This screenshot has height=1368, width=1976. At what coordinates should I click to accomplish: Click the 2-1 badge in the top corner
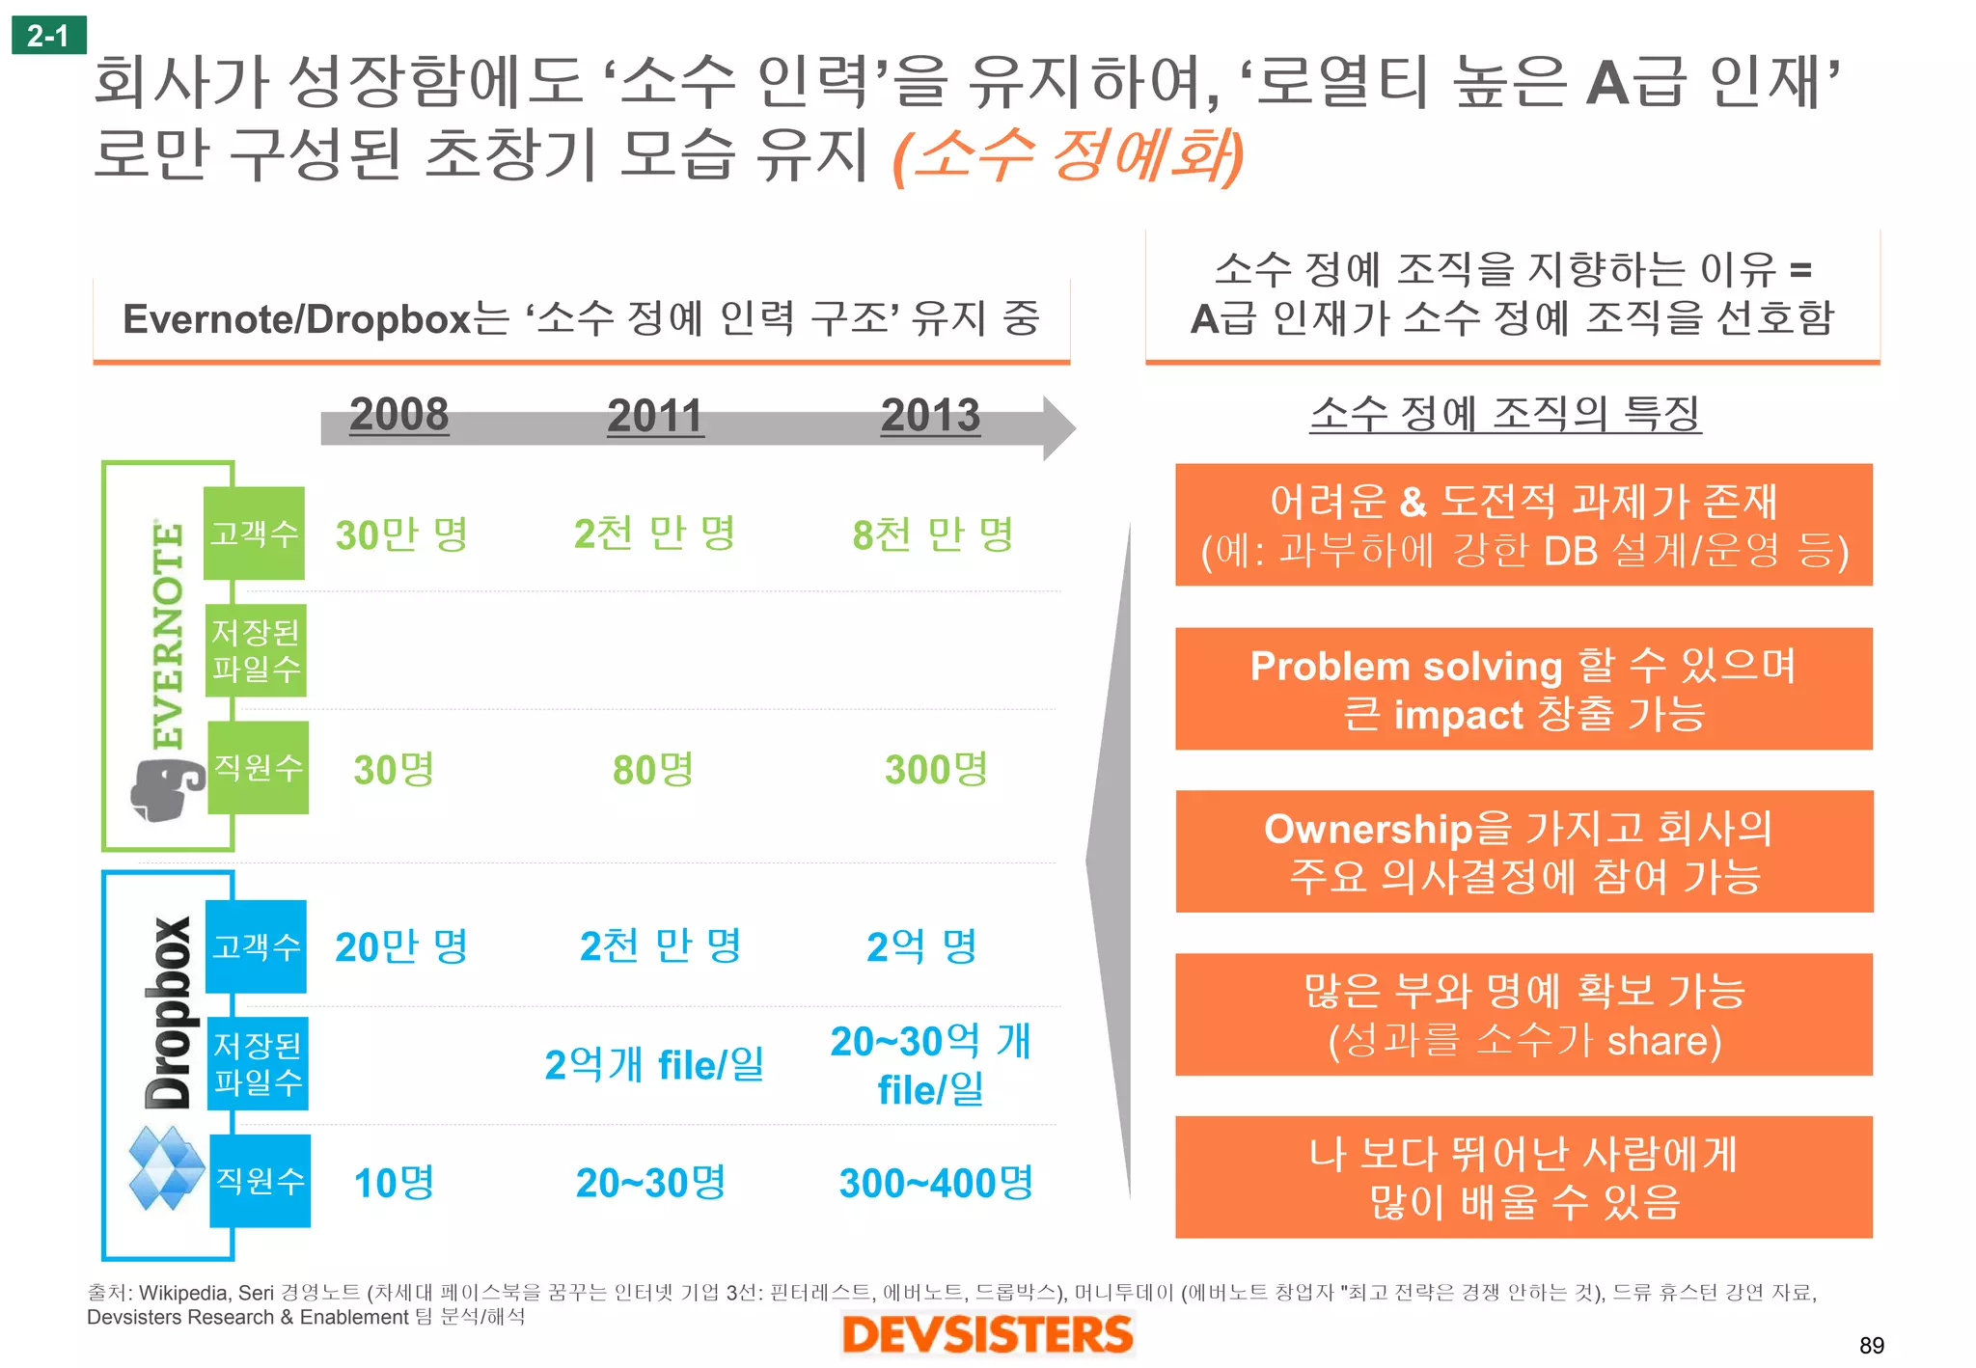(48, 36)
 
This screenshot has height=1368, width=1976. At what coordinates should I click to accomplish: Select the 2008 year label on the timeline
(398, 415)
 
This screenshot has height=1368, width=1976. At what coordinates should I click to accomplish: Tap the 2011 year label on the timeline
(655, 417)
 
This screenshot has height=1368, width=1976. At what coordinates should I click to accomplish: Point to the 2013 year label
(930, 417)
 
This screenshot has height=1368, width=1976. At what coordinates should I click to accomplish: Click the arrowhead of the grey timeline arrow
(1058, 427)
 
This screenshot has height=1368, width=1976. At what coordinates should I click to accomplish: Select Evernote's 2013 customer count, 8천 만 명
(932, 534)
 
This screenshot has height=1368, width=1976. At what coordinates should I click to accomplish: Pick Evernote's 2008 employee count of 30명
(394, 770)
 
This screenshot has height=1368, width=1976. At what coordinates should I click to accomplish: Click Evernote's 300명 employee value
(936, 770)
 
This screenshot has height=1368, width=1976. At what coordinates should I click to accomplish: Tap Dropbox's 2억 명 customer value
(922, 946)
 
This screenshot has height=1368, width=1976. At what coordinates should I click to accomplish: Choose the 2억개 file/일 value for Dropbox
(654, 1065)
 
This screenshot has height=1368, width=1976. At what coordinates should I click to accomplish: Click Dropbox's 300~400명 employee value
(936, 1183)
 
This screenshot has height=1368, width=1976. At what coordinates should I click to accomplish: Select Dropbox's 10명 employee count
(394, 1183)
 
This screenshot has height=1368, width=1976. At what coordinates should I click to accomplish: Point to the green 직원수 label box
(259, 768)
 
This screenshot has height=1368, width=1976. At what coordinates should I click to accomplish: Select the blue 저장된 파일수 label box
(258, 1063)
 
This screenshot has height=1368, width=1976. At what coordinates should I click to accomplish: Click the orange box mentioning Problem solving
(1523, 689)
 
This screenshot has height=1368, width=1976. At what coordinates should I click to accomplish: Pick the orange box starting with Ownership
(1523, 852)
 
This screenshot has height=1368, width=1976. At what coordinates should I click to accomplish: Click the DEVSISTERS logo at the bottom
(987, 1335)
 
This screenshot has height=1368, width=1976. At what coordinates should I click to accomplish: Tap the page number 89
(1871, 1346)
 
